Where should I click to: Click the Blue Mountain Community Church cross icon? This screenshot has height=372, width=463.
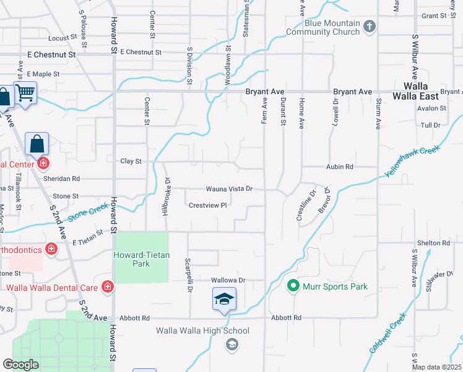click(370, 26)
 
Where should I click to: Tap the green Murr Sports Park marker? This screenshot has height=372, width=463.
click(293, 286)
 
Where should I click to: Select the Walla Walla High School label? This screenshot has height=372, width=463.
click(202, 330)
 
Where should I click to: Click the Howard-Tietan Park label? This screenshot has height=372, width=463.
click(141, 259)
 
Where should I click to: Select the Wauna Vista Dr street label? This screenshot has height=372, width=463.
click(230, 188)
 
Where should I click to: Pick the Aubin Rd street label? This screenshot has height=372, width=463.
click(340, 167)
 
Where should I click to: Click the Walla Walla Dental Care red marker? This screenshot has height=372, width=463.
click(108, 286)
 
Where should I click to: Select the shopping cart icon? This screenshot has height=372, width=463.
click(25, 94)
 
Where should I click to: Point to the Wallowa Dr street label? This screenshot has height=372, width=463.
click(228, 280)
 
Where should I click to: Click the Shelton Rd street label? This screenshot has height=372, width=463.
click(433, 243)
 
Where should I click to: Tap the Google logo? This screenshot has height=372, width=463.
click(20, 365)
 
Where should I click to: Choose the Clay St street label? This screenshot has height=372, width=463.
click(131, 161)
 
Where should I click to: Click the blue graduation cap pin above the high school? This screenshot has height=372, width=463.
click(224, 300)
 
